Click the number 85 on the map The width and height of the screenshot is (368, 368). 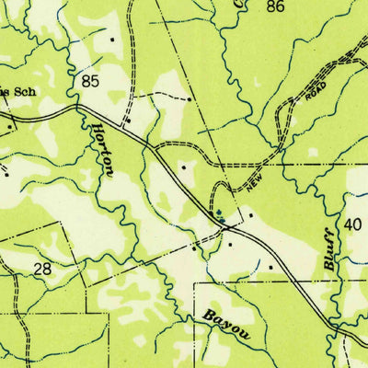click(89, 82)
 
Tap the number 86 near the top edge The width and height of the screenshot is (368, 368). click(274, 6)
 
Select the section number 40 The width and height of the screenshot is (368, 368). click(353, 224)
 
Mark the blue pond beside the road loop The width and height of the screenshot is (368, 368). click(219, 214)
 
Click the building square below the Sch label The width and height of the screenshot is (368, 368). click(10, 127)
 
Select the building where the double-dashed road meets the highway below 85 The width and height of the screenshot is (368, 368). click(130, 120)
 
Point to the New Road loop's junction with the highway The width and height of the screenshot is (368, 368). click(213, 218)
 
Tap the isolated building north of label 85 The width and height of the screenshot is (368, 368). click(112, 40)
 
